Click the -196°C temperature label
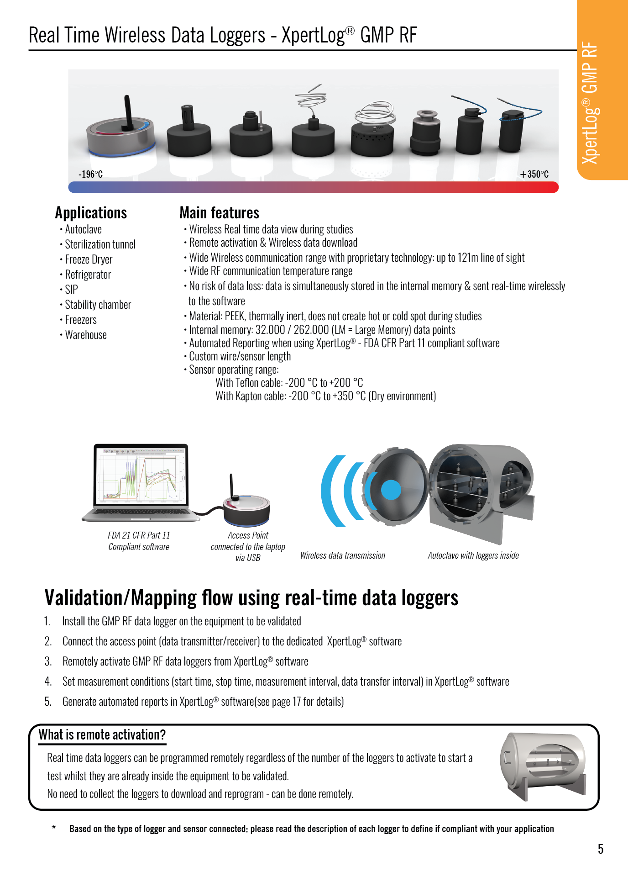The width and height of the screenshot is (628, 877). (x=90, y=174)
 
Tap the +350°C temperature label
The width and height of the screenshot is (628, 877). (x=534, y=174)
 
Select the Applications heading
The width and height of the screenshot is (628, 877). (x=91, y=213)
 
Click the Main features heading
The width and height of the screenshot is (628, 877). (x=219, y=213)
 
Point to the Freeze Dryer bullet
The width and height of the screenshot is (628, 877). (x=88, y=259)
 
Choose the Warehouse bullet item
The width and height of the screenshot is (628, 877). (x=85, y=335)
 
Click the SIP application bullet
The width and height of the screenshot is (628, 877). (x=71, y=290)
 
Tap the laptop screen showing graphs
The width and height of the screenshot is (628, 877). (x=141, y=475)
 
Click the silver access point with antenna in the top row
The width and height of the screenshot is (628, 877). (x=120, y=133)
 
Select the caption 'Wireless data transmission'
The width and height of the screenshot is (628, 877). (x=342, y=555)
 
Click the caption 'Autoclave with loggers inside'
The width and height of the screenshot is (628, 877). (x=473, y=555)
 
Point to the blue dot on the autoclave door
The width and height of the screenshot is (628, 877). (x=391, y=490)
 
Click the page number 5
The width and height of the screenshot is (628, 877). (x=600, y=849)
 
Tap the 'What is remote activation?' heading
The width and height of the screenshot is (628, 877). (x=102, y=734)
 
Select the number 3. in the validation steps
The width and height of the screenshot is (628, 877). (x=48, y=661)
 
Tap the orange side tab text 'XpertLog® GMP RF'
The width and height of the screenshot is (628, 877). (x=590, y=103)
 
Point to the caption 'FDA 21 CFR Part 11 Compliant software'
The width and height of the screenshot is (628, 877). (x=139, y=541)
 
